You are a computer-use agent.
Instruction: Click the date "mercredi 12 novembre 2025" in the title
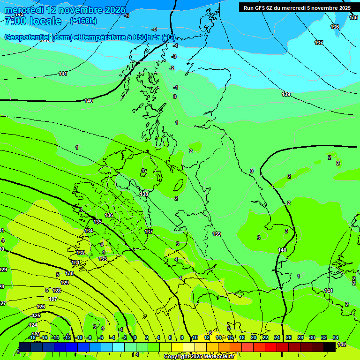point(65,10)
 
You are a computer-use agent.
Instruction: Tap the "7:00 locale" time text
point(33,21)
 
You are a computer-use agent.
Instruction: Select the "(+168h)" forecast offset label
point(83,21)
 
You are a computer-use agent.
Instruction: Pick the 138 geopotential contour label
point(144,194)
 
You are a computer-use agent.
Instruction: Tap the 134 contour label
point(89,231)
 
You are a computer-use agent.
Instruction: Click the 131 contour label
point(75,263)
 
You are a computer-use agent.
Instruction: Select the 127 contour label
point(53,299)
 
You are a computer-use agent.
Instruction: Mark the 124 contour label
point(33,325)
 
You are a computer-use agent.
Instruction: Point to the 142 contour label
point(342,345)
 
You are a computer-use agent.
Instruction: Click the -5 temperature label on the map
point(155,29)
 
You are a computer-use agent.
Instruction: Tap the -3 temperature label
point(174,56)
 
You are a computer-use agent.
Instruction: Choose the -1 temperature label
point(176,87)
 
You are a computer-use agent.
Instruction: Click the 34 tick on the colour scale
point(336,337)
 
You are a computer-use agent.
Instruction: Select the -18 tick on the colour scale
point(32,337)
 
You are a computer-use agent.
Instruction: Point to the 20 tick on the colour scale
point(254,337)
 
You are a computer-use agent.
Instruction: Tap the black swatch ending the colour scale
point(330,346)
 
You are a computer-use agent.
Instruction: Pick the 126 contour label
point(41,307)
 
